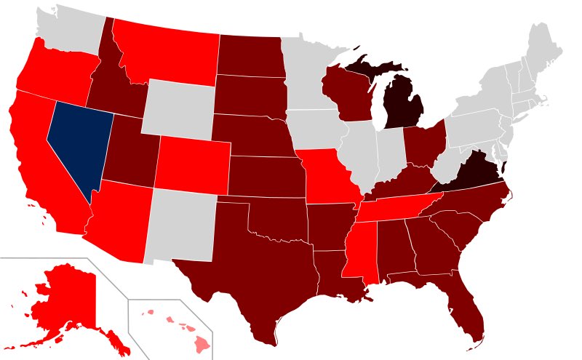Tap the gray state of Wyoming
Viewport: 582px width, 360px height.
point(179,109)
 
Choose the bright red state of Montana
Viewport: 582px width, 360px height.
point(167,51)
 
